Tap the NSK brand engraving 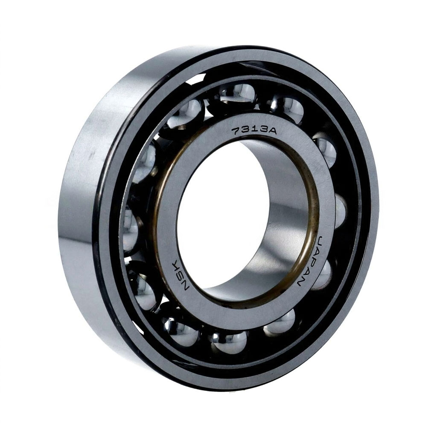(x=182, y=275)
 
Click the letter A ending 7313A (x=271, y=131)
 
